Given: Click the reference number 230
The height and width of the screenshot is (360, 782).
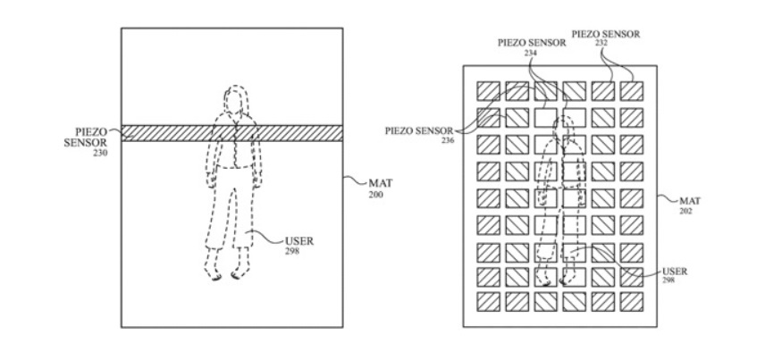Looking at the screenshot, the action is tap(100, 153).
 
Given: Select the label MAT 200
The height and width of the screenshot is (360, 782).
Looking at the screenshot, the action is tap(380, 188).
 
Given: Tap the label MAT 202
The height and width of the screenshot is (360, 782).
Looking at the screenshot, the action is tap(690, 205).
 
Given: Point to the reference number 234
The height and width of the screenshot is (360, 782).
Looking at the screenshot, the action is tap(531, 52).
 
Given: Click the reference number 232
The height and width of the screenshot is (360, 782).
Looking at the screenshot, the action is tap(601, 43).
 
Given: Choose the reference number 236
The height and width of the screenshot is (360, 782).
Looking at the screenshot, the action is tap(449, 140).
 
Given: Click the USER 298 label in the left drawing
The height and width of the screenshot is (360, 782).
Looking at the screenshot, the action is tap(299, 246).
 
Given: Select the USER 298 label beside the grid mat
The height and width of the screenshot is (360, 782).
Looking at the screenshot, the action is tap(674, 276).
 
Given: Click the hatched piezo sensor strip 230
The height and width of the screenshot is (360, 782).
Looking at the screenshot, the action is tap(232, 133).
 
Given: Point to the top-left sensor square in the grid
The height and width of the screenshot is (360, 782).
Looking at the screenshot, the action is tap(488, 91).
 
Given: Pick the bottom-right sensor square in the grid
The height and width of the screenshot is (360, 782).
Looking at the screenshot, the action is tap(631, 302).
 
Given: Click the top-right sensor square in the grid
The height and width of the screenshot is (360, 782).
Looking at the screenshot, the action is tap(631, 91).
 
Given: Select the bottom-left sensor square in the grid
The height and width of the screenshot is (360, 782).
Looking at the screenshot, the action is tap(488, 302).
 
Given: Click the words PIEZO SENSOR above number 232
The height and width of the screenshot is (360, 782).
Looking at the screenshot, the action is tap(606, 34).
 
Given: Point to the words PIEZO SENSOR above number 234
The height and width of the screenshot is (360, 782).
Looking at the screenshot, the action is tap(532, 43).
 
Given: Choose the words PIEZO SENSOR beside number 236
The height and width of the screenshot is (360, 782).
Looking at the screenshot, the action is tap(419, 131).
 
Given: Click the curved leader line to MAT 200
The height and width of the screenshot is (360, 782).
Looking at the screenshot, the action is tap(354, 180).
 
